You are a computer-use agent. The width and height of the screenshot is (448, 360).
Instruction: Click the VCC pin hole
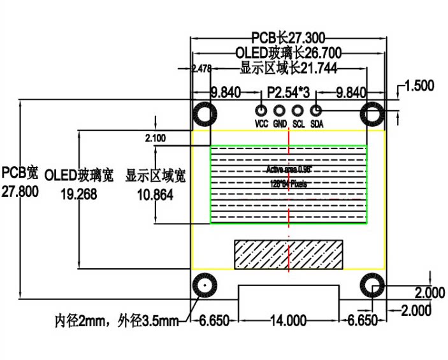pyautogui.click(x=261, y=110)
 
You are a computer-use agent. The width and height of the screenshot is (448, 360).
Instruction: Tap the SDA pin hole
pyautogui.click(x=316, y=110)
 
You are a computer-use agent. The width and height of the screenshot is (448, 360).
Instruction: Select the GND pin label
pyautogui.click(x=280, y=124)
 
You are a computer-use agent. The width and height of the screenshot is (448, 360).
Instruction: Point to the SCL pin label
pyautogui.click(x=298, y=124)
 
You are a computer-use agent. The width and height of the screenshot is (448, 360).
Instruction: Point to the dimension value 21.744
pyautogui.click(x=311, y=68)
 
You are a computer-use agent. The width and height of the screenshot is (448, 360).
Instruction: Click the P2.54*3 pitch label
pyautogui.click(x=288, y=93)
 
